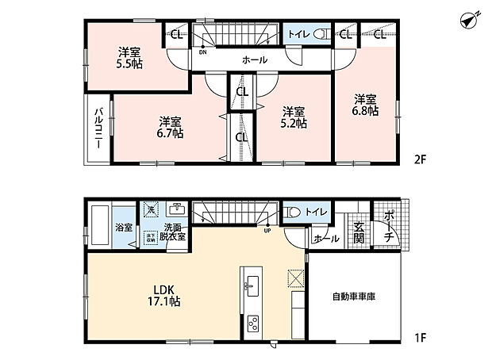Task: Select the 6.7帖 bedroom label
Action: pyautogui.click(x=169, y=128)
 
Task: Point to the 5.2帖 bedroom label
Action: pyautogui.click(x=292, y=117)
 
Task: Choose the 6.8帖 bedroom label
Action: pyautogui.click(x=364, y=105)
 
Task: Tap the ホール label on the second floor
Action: pyautogui.click(x=254, y=60)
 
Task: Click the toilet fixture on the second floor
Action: pyautogui.click(x=321, y=34)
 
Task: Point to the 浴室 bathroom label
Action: pyautogui.click(x=123, y=226)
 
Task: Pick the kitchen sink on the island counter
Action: pyautogui.click(x=250, y=285)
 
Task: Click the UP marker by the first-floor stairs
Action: pyautogui.click(x=267, y=232)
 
